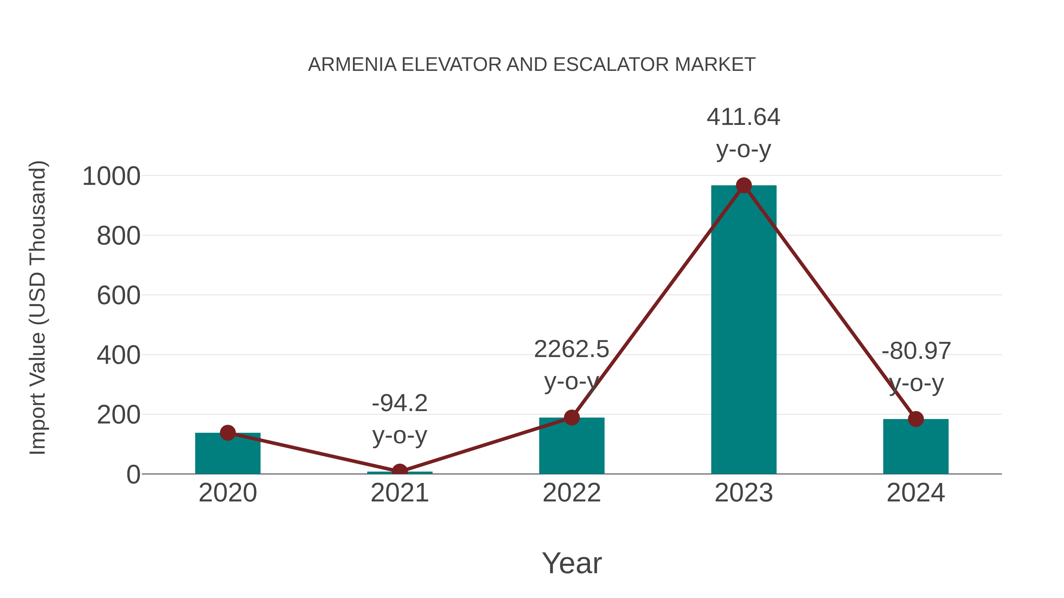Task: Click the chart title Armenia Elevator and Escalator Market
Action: click(532, 65)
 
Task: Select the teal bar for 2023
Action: click(744, 330)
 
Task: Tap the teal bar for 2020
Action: click(228, 454)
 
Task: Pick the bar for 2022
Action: click(572, 448)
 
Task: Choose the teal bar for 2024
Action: click(916, 448)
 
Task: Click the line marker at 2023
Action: click(744, 186)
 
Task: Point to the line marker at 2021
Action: click(399, 471)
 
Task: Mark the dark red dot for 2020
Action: click(228, 433)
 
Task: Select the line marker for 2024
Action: click(916, 419)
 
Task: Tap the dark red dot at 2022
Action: click(572, 417)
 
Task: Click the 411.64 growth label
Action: click(744, 117)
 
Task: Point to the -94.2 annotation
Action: click(399, 403)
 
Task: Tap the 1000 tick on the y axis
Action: click(111, 177)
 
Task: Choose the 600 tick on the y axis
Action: click(119, 296)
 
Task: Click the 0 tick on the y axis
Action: click(133, 475)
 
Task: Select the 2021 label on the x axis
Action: click(399, 493)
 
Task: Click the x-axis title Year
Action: click(572, 563)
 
